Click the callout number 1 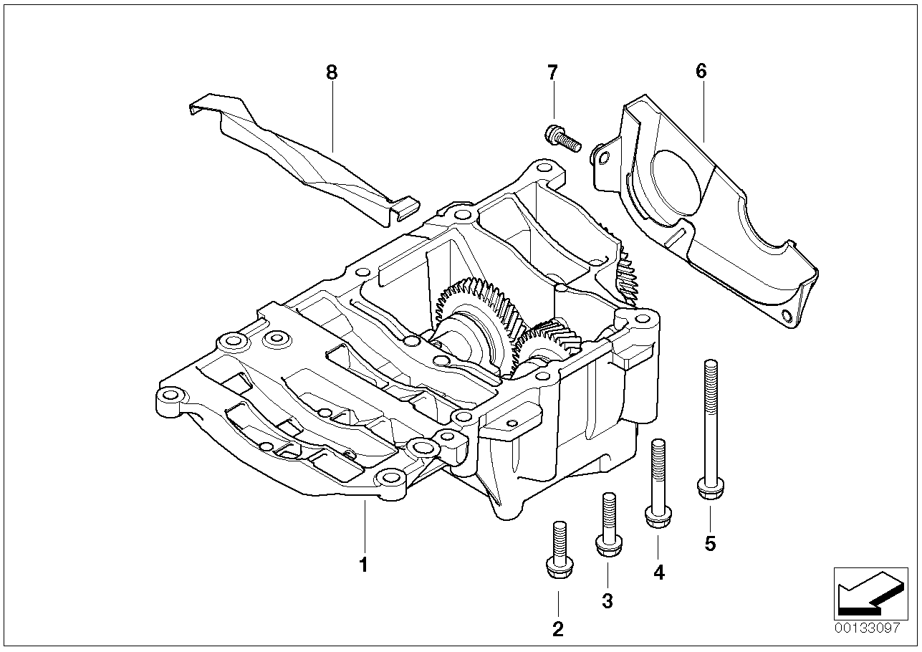[x=363, y=565]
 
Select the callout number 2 [x=557, y=629]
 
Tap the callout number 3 [x=608, y=601]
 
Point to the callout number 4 [x=658, y=572]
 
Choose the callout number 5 [x=710, y=544]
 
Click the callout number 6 [x=701, y=71]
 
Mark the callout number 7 [x=552, y=72]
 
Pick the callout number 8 [x=330, y=72]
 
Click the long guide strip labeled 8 [x=301, y=158]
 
